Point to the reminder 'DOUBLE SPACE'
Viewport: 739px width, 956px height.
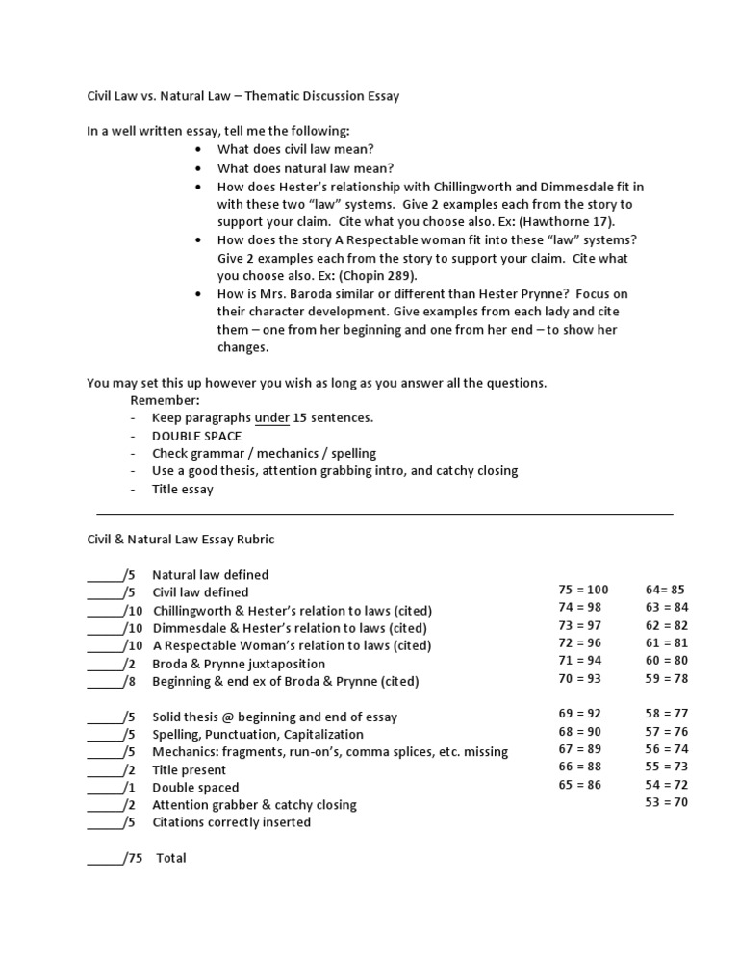point(196,436)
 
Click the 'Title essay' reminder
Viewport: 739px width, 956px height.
point(183,489)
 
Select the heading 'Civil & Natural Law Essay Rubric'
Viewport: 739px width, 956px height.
point(181,540)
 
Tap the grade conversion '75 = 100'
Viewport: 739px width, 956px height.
point(583,590)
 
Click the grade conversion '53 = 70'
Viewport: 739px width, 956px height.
point(667,802)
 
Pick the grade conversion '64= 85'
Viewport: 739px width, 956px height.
point(666,590)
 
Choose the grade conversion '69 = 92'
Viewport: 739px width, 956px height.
point(579,714)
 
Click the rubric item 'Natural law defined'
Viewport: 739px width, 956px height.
point(210,575)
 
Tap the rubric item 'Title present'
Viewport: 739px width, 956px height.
point(189,769)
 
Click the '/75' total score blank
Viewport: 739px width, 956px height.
point(115,857)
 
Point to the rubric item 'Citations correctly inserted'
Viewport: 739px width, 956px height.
point(231,822)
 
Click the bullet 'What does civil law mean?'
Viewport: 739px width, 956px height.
point(295,150)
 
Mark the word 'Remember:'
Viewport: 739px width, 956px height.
point(165,399)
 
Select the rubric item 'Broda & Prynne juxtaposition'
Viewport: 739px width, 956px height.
point(239,664)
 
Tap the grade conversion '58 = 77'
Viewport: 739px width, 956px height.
point(667,714)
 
